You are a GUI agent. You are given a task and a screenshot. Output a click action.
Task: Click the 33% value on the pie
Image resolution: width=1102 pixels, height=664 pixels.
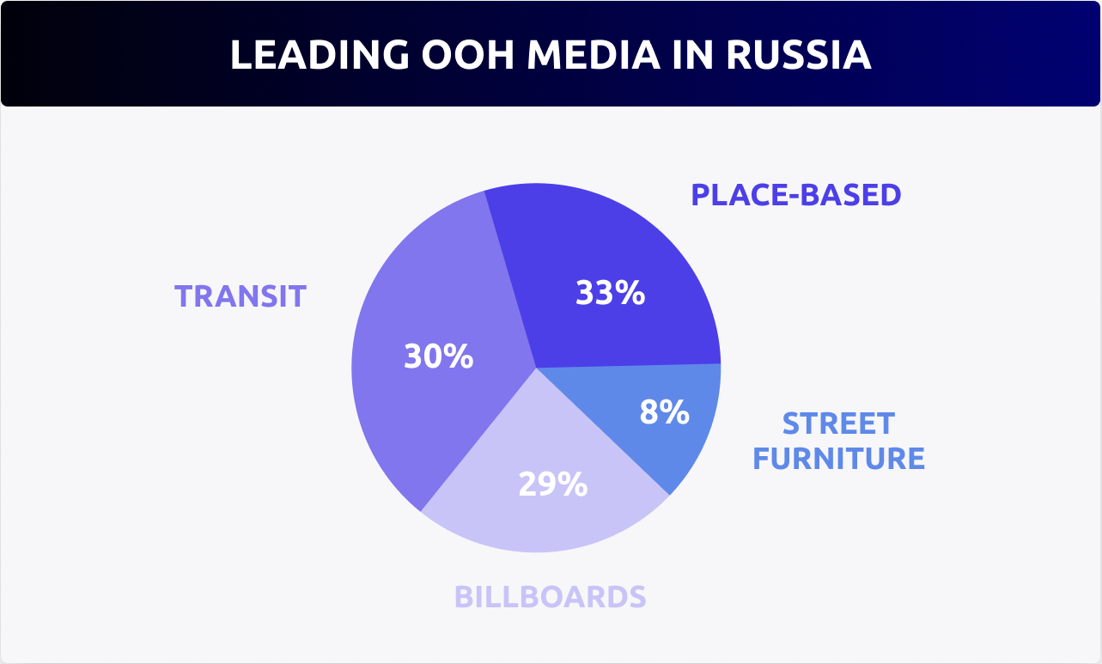tap(610, 294)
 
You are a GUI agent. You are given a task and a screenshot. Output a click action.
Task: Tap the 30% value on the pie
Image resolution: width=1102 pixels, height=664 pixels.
tap(438, 356)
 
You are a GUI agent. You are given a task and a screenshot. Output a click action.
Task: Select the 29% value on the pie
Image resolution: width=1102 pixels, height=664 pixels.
tap(552, 484)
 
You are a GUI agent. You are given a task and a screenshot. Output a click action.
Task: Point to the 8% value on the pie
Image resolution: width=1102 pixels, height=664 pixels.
tap(664, 412)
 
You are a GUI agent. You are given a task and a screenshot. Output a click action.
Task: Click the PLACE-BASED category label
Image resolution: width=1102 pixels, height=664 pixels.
tap(796, 195)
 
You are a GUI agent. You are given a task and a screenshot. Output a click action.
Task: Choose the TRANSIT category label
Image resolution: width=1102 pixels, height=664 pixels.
tap(240, 296)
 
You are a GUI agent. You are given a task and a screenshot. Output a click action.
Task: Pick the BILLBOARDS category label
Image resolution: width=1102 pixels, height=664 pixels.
tap(550, 596)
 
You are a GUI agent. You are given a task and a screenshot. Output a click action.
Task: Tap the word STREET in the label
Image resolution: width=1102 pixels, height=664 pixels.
tap(838, 423)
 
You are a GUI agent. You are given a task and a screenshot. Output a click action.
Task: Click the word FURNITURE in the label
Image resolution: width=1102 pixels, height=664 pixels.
tap(838, 459)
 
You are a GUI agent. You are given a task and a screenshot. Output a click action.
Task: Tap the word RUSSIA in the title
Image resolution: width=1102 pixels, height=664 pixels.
tap(798, 54)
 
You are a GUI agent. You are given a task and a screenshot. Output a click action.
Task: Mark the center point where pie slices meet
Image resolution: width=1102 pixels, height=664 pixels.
tap(536, 368)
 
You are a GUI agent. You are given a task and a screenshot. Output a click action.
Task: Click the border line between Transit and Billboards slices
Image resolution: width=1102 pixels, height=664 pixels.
tap(478, 440)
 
